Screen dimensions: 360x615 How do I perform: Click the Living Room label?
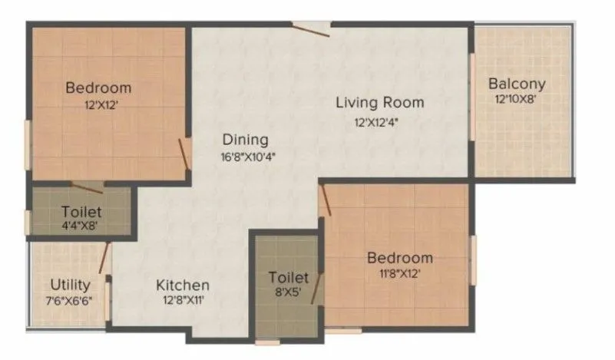tap(379, 102)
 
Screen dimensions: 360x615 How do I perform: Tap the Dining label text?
tap(245, 140)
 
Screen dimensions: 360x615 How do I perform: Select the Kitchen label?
tap(183, 285)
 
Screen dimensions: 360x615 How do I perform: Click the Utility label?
tap(70, 285)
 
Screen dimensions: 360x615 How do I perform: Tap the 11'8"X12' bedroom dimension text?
tap(398, 274)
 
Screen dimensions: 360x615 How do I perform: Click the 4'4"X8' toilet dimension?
tap(79, 226)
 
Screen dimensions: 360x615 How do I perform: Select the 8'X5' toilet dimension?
tap(288, 293)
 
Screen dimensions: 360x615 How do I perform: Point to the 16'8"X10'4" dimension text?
tap(246, 157)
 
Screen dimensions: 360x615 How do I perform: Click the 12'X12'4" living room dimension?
tap(380, 121)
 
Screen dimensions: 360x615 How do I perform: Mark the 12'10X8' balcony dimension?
tap(517, 100)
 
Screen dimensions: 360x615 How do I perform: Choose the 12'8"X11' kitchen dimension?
tap(183, 302)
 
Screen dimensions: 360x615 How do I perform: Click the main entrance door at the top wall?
tap(311, 28)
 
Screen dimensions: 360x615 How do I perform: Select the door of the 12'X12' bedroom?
tap(184, 154)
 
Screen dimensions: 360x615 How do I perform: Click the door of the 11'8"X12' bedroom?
tap(326, 201)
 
